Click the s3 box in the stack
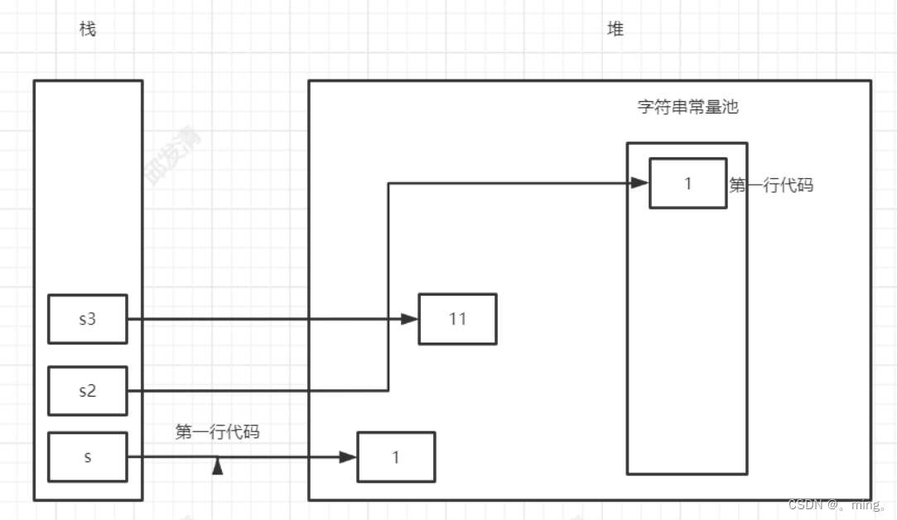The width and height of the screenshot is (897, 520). [87, 319]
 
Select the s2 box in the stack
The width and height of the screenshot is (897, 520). [87, 391]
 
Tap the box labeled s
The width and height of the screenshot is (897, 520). [87, 457]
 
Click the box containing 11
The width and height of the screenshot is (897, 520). [457, 319]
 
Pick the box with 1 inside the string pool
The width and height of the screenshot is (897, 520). [687, 183]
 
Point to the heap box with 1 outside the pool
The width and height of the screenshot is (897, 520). [395, 457]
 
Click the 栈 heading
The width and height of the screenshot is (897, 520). [88, 30]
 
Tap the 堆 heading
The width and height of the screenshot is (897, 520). [615, 30]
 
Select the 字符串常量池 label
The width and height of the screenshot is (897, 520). [687, 107]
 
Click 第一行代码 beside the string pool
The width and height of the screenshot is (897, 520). [771, 185]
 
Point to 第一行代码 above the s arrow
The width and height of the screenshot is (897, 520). [218, 431]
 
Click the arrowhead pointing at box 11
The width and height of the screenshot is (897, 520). [409, 319]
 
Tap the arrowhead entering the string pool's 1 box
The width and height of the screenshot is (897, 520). [639, 183]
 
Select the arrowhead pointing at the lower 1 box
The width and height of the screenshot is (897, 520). [348, 457]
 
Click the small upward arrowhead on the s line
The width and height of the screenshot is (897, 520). [218, 467]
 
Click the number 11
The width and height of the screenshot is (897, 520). [457, 319]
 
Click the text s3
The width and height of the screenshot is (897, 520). [87, 319]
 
